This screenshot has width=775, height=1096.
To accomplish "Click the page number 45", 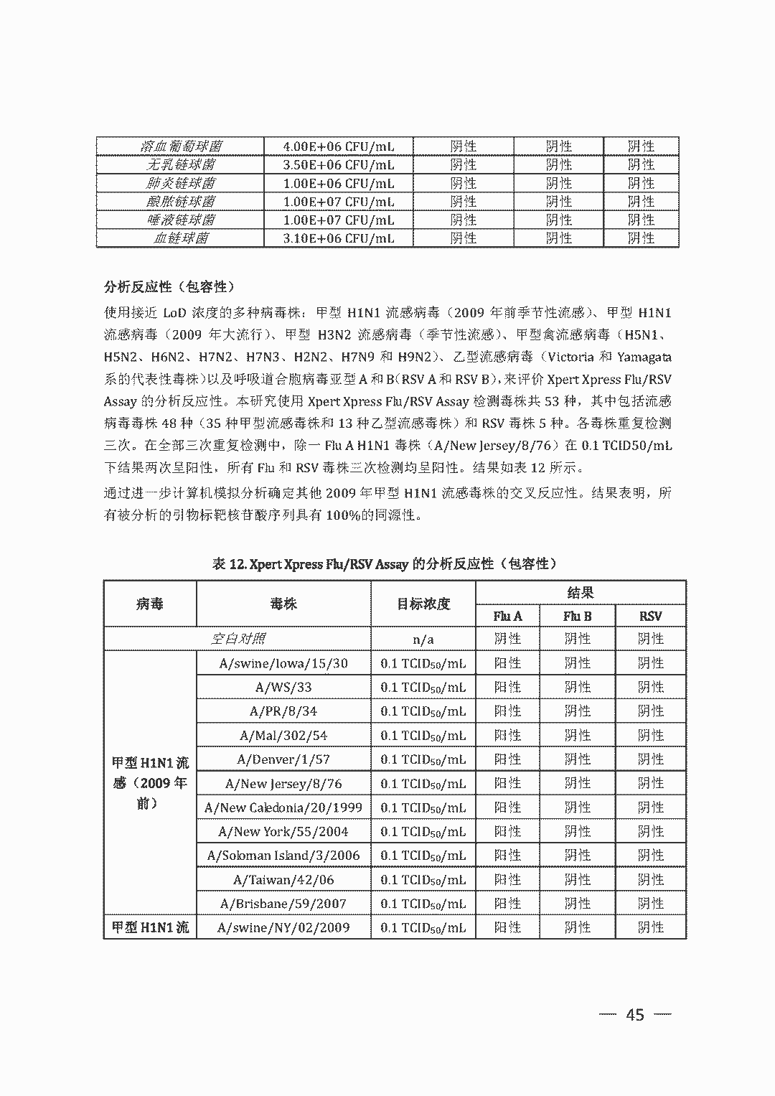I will [x=635, y=1015].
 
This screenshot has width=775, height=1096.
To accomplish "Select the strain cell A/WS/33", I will [x=283, y=687].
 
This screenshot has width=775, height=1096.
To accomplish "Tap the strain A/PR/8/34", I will [x=283, y=711].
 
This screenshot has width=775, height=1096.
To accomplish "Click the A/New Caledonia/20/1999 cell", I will [x=283, y=807].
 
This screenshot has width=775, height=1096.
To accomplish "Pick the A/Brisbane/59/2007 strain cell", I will [x=283, y=904].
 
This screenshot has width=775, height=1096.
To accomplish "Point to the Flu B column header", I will [x=578, y=616].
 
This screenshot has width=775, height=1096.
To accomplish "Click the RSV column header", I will [x=650, y=616].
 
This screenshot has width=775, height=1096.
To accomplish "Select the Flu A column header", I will [x=507, y=616].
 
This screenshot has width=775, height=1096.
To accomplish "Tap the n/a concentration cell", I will [x=423, y=639].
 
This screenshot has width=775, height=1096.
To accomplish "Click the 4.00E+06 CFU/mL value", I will [x=339, y=146].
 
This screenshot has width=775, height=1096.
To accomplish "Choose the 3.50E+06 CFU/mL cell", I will [x=339, y=164].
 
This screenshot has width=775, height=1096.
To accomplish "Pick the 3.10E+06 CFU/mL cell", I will [x=339, y=238].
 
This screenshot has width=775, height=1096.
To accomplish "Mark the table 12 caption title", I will [x=385, y=564].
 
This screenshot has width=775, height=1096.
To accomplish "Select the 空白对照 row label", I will [x=238, y=639].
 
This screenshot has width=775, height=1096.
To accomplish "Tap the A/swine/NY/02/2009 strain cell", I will [x=283, y=927].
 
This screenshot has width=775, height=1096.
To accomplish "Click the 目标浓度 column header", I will [x=423, y=604].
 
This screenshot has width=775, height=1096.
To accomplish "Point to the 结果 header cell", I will [x=580, y=593].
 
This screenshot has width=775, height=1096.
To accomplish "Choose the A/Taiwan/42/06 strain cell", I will [x=283, y=880].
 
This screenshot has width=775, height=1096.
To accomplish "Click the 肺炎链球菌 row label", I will [x=180, y=183].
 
